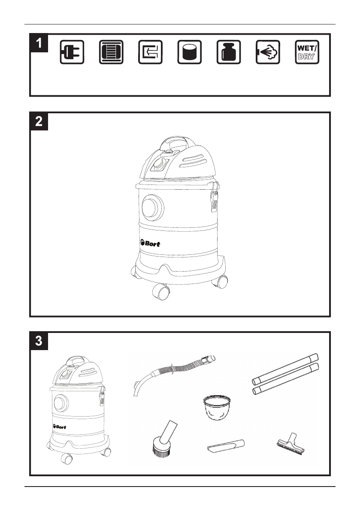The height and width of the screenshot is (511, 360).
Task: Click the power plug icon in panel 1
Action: point(72,52)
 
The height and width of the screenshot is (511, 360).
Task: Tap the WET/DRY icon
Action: point(307,52)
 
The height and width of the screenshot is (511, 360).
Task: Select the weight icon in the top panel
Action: point(229,52)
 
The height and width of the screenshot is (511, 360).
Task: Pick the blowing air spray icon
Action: point(268,52)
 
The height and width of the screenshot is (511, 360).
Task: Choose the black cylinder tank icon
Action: point(190,52)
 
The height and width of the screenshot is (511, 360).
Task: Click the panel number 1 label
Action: point(39,43)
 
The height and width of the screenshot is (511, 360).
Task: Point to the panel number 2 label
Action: point(39,121)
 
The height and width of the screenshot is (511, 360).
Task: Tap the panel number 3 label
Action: point(39,341)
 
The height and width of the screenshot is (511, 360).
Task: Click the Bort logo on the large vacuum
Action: point(150,243)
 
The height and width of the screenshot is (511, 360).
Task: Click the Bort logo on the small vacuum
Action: point(59,426)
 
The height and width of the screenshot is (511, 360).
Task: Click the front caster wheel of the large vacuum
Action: point(160,291)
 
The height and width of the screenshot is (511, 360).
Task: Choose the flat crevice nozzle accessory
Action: point(226,445)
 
